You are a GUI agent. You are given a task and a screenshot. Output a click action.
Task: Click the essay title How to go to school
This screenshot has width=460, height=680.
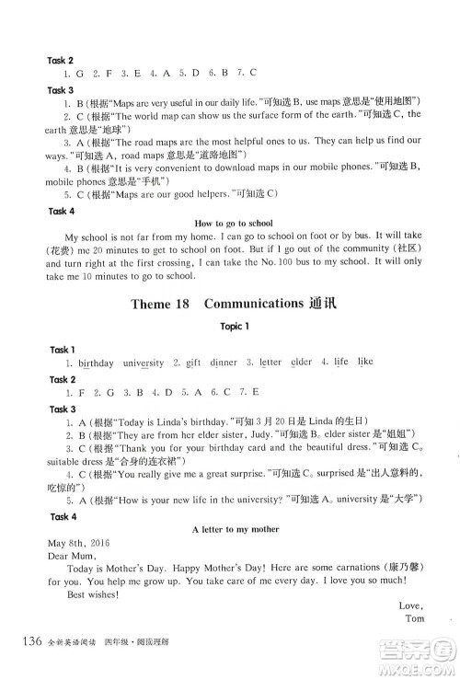(x=235, y=223)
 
